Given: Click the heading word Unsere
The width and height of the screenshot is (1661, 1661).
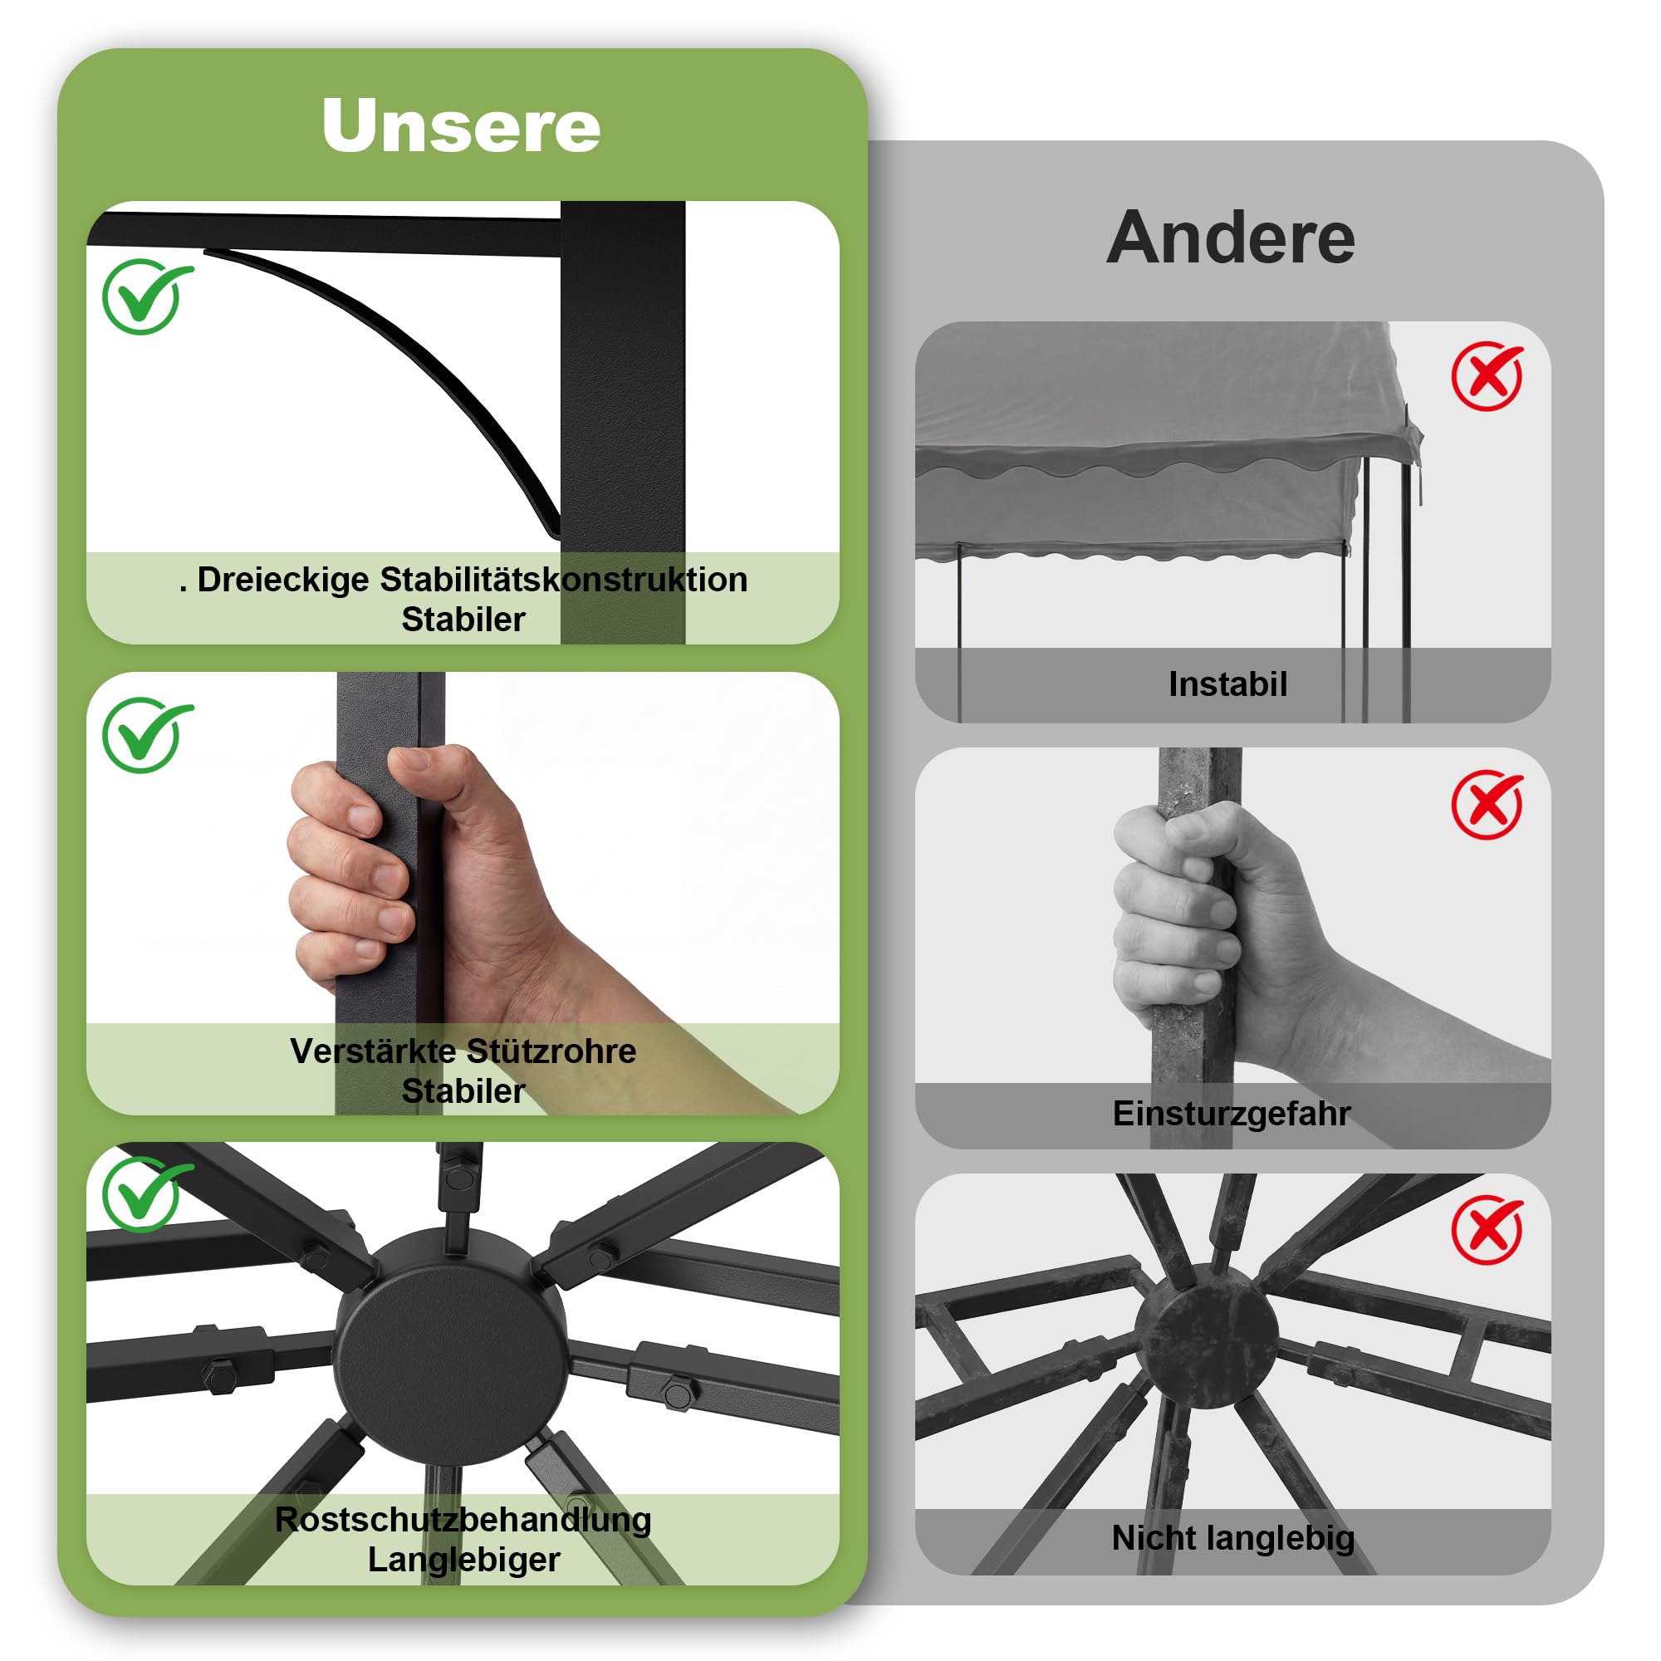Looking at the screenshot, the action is (461, 125).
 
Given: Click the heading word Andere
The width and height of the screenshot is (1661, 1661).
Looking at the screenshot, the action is (1230, 238).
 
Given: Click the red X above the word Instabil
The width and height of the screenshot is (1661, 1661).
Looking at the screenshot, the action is (1487, 375).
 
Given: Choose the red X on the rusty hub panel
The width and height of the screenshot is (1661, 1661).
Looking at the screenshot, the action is (1487, 1229).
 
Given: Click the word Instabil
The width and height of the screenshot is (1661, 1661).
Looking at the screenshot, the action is (1227, 684).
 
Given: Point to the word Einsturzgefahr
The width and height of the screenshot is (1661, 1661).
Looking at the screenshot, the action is (1232, 1114).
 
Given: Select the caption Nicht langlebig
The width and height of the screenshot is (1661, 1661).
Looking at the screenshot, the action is (1232, 1538).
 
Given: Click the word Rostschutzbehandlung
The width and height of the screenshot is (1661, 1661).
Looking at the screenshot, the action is (463, 1519).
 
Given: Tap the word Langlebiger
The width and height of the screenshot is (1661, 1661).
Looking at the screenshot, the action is (463, 1560).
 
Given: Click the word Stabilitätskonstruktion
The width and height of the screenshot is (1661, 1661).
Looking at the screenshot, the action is (564, 580).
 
